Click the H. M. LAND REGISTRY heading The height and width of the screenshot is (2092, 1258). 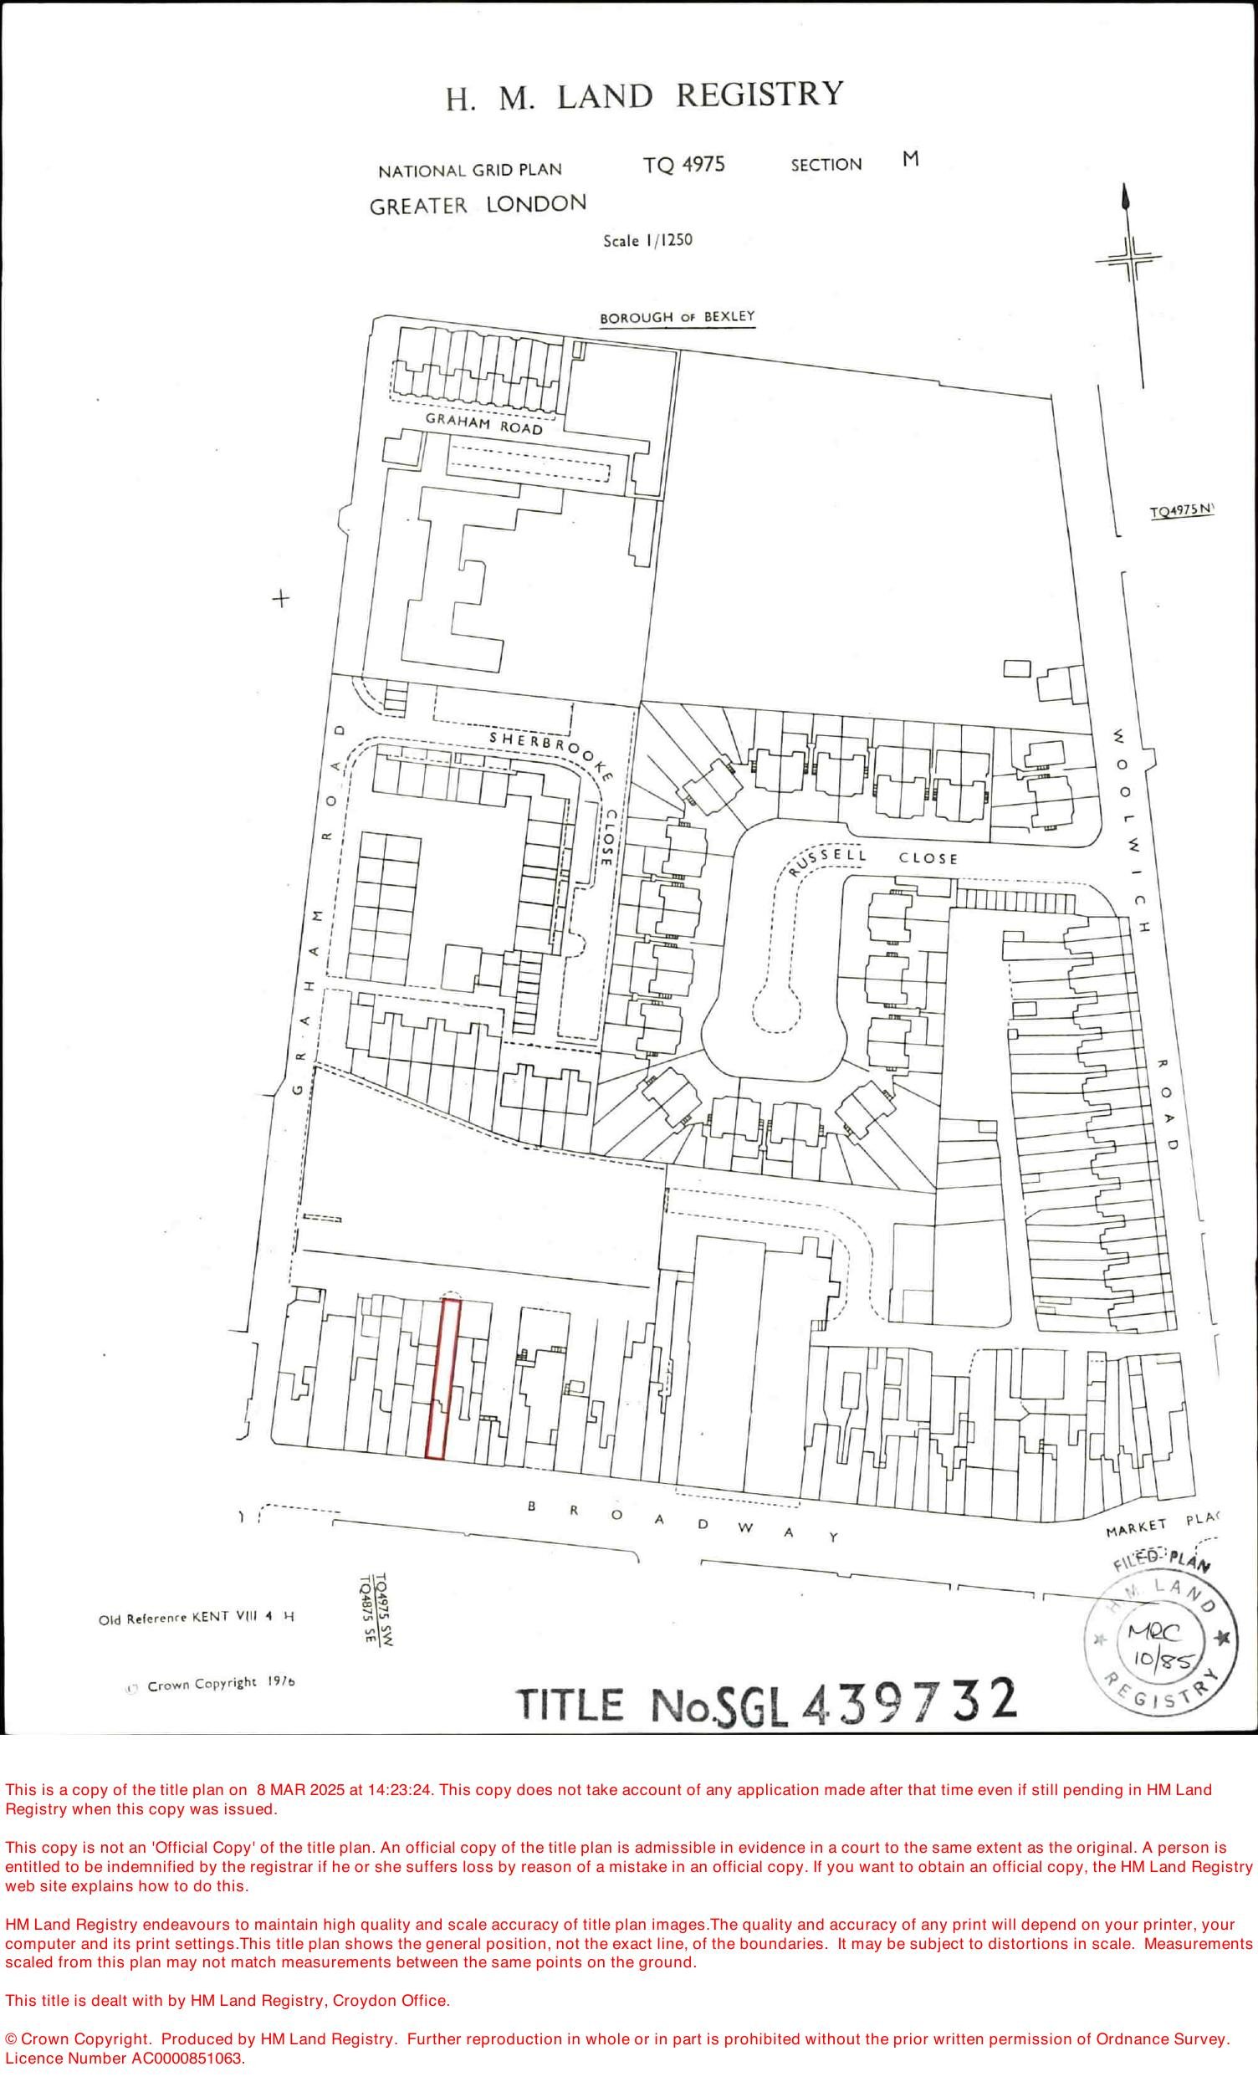[645, 96]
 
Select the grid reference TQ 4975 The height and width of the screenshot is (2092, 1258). [683, 165]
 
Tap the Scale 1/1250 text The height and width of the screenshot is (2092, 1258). [647, 241]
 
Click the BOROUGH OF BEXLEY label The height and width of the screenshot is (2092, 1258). [677, 318]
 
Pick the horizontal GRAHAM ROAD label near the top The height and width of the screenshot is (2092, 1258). [483, 424]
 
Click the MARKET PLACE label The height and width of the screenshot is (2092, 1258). [1159, 1525]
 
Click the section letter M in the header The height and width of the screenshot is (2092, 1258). [910, 160]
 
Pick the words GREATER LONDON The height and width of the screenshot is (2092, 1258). [478, 205]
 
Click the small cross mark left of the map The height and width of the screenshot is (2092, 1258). [280, 599]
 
